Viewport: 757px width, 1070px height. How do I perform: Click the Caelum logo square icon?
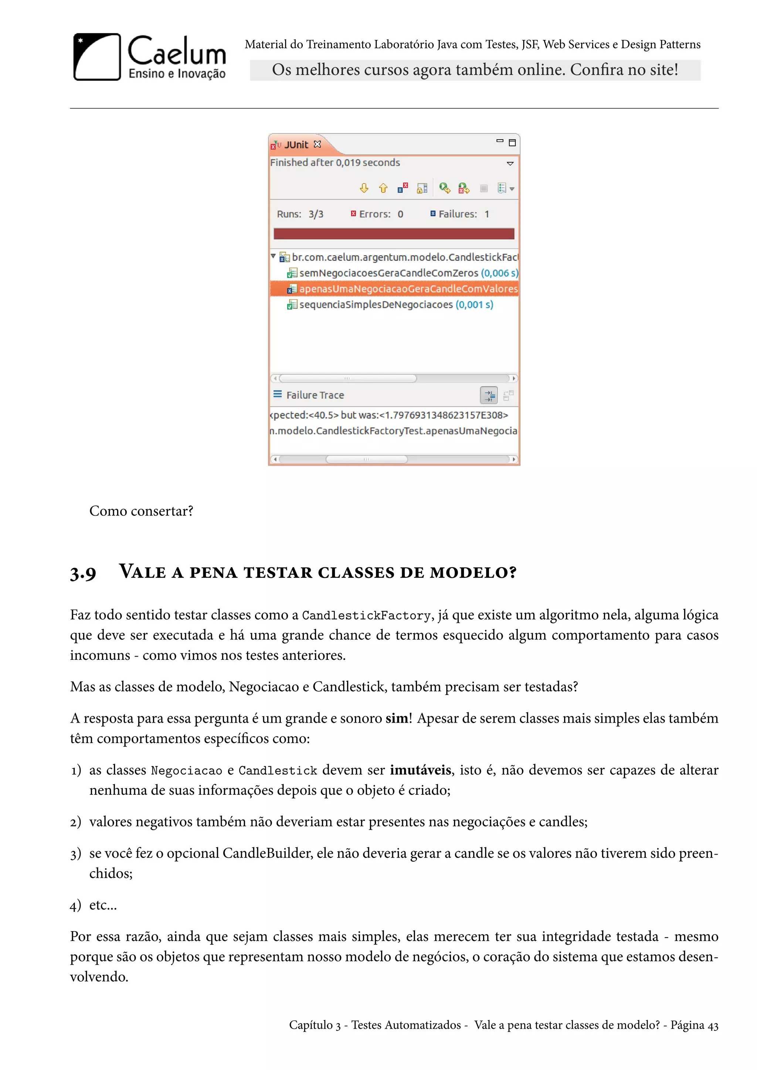tap(97, 57)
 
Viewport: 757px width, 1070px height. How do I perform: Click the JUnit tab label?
tap(296, 145)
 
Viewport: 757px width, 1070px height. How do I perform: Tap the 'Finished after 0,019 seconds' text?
tap(335, 163)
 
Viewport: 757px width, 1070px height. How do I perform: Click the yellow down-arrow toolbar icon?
tap(364, 188)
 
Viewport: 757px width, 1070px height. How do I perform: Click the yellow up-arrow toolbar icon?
tap(383, 188)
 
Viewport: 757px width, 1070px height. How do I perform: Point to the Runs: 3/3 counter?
tap(300, 214)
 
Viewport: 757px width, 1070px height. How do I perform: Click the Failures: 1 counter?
tap(460, 214)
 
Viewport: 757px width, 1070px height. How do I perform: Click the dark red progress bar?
tap(394, 234)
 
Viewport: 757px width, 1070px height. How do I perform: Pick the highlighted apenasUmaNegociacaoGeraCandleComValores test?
tap(408, 289)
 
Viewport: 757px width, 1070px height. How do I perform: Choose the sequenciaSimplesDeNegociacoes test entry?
tap(376, 305)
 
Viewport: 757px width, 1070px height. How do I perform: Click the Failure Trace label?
tap(315, 395)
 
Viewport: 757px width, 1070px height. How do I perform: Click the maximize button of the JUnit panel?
tap(512, 143)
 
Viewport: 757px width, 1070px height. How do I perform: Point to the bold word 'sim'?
tap(396, 718)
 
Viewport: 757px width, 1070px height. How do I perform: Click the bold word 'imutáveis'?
tap(420, 770)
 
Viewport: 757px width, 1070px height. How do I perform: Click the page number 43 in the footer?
tap(713, 1025)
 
